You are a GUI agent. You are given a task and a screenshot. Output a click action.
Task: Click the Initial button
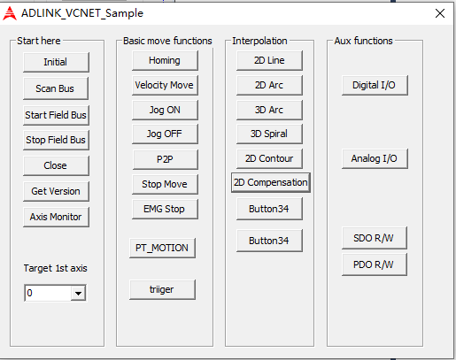[56, 62]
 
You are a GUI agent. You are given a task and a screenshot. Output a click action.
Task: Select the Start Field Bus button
[56, 115]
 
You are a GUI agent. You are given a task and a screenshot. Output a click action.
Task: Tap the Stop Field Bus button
[56, 140]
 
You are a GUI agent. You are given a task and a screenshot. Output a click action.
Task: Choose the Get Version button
[56, 191]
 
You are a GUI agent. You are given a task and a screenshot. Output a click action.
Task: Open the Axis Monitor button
[56, 217]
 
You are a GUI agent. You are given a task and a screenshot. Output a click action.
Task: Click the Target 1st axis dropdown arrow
[78, 293]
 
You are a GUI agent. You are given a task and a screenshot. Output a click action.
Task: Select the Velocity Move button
[165, 85]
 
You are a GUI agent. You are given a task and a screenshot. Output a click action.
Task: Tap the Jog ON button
[165, 110]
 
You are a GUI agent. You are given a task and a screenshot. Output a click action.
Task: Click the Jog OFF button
[165, 134]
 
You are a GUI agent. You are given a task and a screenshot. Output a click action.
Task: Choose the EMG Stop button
[165, 209]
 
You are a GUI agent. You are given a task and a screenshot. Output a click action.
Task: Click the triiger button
[162, 289]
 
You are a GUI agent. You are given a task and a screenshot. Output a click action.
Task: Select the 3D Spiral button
[269, 134]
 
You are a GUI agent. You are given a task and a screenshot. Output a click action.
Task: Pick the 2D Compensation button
[271, 182]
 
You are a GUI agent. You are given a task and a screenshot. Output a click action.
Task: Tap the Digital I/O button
[375, 85]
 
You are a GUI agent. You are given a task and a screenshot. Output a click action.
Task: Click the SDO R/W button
[374, 238]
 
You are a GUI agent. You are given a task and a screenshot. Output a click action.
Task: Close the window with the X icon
[440, 13]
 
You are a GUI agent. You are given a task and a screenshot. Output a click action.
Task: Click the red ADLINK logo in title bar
[10, 13]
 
